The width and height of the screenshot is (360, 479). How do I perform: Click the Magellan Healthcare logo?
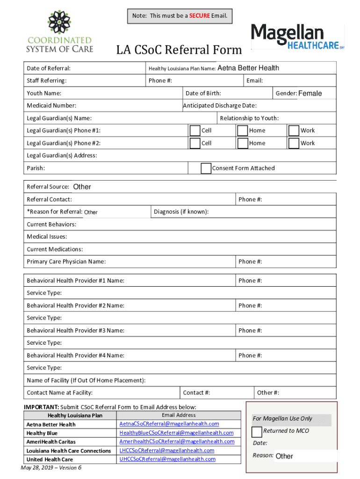pyautogui.click(x=297, y=36)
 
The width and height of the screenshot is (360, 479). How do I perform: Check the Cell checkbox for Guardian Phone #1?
pyautogui.click(x=195, y=131)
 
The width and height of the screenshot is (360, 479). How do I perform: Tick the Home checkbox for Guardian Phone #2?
pyautogui.click(x=243, y=143)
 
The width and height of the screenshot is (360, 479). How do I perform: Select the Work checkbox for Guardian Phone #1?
pyautogui.click(x=294, y=131)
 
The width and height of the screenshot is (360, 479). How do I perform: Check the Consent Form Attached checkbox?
pyautogui.click(x=206, y=168)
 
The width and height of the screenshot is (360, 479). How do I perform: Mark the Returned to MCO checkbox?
pyautogui.click(x=257, y=431)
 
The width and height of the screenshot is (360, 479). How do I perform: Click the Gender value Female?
pyautogui.click(x=310, y=94)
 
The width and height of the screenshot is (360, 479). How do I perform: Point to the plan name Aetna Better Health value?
pyautogui.click(x=248, y=68)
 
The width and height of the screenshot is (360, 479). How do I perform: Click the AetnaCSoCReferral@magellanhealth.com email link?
pyautogui.click(x=169, y=424)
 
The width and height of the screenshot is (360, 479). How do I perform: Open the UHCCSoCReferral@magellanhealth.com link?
pyautogui.click(x=167, y=459)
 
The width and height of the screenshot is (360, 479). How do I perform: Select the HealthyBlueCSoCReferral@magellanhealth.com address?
pyautogui.click(x=176, y=433)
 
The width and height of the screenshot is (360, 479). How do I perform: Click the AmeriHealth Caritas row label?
pyautogui.click(x=51, y=442)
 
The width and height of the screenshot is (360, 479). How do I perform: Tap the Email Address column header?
pyautogui.click(x=179, y=415)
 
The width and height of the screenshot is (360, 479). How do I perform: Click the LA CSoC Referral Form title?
pyautogui.click(x=179, y=50)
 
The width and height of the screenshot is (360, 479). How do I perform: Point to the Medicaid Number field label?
pyautogui.click(x=51, y=106)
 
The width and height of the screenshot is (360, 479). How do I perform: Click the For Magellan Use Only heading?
pyautogui.click(x=282, y=419)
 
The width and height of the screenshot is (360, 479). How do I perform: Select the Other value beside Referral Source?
pyautogui.click(x=82, y=187)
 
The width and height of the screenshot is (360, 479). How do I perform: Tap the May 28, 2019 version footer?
pyautogui.click(x=51, y=468)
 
